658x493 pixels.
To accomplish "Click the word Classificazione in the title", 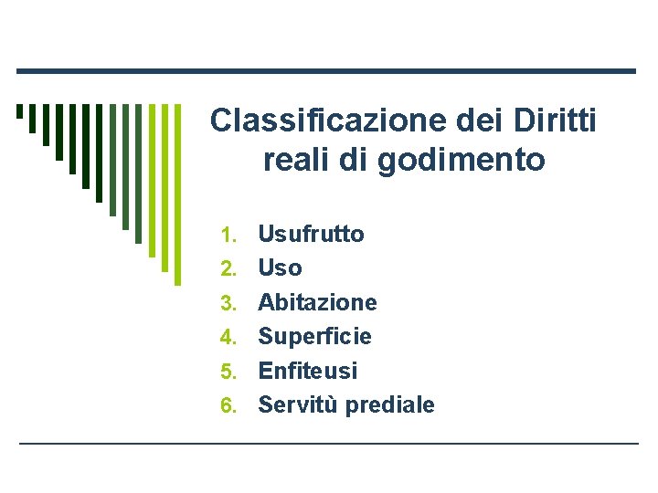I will (305, 121).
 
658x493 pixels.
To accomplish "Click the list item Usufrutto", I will (311, 234).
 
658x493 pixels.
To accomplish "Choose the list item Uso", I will (280, 268).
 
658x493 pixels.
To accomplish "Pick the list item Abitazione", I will (317, 302).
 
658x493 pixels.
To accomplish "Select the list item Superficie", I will (314, 336).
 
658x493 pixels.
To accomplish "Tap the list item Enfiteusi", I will (308, 371).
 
